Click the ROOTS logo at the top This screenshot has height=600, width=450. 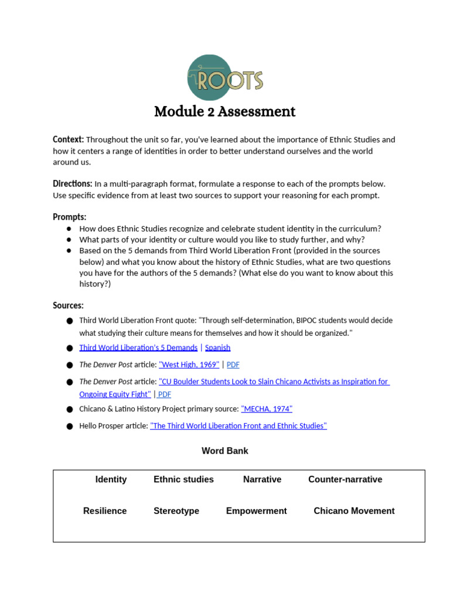pyautogui.click(x=224, y=78)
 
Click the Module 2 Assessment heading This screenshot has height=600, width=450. pyautogui.click(x=224, y=111)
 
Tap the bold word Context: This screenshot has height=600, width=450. pyautogui.click(x=69, y=139)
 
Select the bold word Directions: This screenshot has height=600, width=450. pyautogui.click(x=73, y=183)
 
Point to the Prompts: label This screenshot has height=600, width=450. pyautogui.click(x=69, y=217)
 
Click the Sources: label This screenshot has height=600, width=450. pyautogui.click(x=68, y=305)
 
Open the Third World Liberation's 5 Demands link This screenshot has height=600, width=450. pyautogui.click(x=138, y=347)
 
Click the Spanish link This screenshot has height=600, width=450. pyautogui.click(x=217, y=347)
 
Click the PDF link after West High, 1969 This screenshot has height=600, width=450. pyautogui.click(x=233, y=364)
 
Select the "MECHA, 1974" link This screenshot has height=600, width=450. pyautogui.click(x=267, y=409)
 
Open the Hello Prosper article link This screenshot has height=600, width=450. pyautogui.click(x=238, y=426)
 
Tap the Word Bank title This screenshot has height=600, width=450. pyautogui.click(x=224, y=451)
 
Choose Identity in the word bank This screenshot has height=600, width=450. pyautogui.click(x=111, y=479)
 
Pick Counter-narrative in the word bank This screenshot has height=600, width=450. pyautogui.click(x=345, y=479)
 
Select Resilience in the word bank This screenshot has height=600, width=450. pyautogui.click(x=105, y=511)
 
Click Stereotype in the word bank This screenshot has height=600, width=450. pyautogui.click(x=176, y=511)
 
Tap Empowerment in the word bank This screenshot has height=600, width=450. pyautogui.click(x=256, y=511)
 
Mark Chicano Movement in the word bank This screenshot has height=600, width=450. pyautogui.click(x=354, y=511)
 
